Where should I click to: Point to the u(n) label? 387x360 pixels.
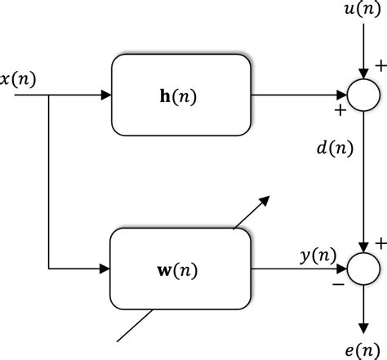point(360,12)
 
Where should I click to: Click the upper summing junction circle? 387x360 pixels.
point(360,95)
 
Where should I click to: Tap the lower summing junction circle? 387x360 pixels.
point(360,267)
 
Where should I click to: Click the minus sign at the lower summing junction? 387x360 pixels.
point(336,285)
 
